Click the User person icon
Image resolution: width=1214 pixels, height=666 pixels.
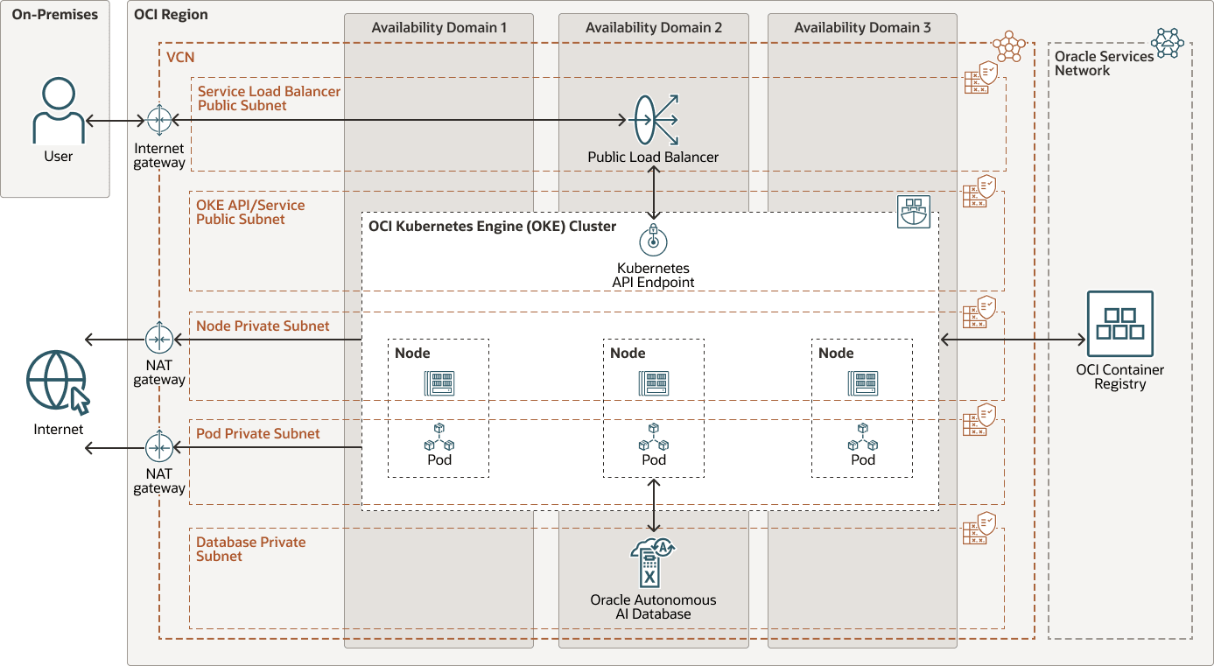point(59,111)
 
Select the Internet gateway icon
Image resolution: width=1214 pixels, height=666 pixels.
point(159,120)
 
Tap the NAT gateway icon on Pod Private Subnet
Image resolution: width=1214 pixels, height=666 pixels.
point(159,447)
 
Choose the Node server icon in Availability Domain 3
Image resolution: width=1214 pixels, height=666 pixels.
point(862,383)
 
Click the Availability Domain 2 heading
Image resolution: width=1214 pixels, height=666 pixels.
point(653,28)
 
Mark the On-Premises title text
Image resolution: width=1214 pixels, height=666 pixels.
point(55,15)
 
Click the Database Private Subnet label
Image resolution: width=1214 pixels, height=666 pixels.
point(250,549)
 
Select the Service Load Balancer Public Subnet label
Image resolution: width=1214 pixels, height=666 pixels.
point(269,98)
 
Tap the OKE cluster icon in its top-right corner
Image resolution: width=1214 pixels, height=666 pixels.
point(914,212)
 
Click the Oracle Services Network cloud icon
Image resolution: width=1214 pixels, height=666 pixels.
point(1167,43)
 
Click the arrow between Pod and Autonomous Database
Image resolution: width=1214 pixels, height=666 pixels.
point(653,505)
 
